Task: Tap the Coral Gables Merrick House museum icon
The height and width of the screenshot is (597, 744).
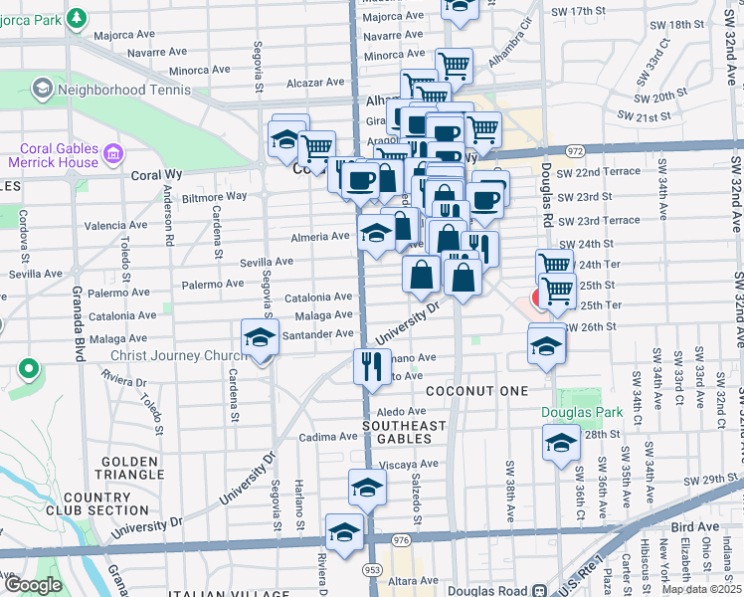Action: click(112, 156)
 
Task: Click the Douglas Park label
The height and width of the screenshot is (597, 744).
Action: click(581, 412)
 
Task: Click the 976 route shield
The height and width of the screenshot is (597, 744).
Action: click(401, 539)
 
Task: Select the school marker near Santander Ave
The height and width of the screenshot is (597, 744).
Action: click(260, 337)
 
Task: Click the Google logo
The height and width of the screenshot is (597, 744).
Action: click(33, 584)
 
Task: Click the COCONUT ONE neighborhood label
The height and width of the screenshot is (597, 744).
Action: click(476, 391)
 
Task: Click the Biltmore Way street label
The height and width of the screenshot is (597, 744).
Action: click(214, 196)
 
